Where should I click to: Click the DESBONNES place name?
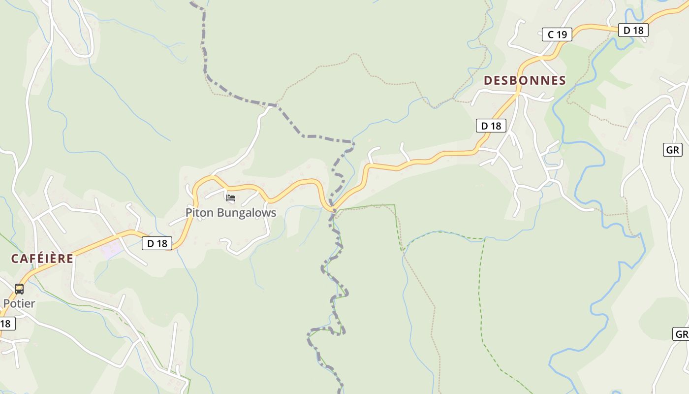(525, 81)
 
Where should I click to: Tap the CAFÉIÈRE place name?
(42, 259)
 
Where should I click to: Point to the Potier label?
(19, 303)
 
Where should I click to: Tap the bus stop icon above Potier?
(19, 289)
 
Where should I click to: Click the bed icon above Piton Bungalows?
(231, 198)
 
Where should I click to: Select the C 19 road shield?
(557, 34)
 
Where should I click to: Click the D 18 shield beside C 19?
(633, 30)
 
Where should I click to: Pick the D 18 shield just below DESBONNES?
(491, 126)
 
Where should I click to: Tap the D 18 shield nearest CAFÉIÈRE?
(157, 243)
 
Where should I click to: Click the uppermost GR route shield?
(672, 150)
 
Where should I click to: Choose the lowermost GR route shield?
(681, 334)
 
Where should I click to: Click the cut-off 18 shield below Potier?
(6, 324)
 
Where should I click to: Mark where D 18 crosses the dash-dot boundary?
(333, 210)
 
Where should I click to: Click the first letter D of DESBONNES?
(488, 81)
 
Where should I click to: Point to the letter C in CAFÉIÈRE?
(15, 259)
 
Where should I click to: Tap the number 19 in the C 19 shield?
(562, 34)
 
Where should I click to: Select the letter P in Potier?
(6, 303)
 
